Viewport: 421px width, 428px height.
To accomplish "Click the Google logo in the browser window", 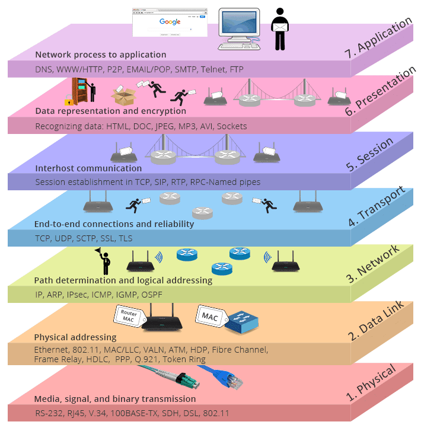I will tap(170, 21).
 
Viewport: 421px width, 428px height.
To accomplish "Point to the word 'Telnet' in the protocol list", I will tap(212, 69).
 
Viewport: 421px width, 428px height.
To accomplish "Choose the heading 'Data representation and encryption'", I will tap(110, 111).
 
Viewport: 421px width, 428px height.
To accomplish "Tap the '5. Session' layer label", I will tap(369, 155).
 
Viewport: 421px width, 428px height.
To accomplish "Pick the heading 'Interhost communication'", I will tap(88, 168).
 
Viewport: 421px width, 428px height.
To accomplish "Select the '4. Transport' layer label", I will tap(376, 207).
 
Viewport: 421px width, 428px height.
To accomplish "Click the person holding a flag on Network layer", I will tap(105, 260).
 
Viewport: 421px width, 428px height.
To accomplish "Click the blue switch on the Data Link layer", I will tap(244, 321).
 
